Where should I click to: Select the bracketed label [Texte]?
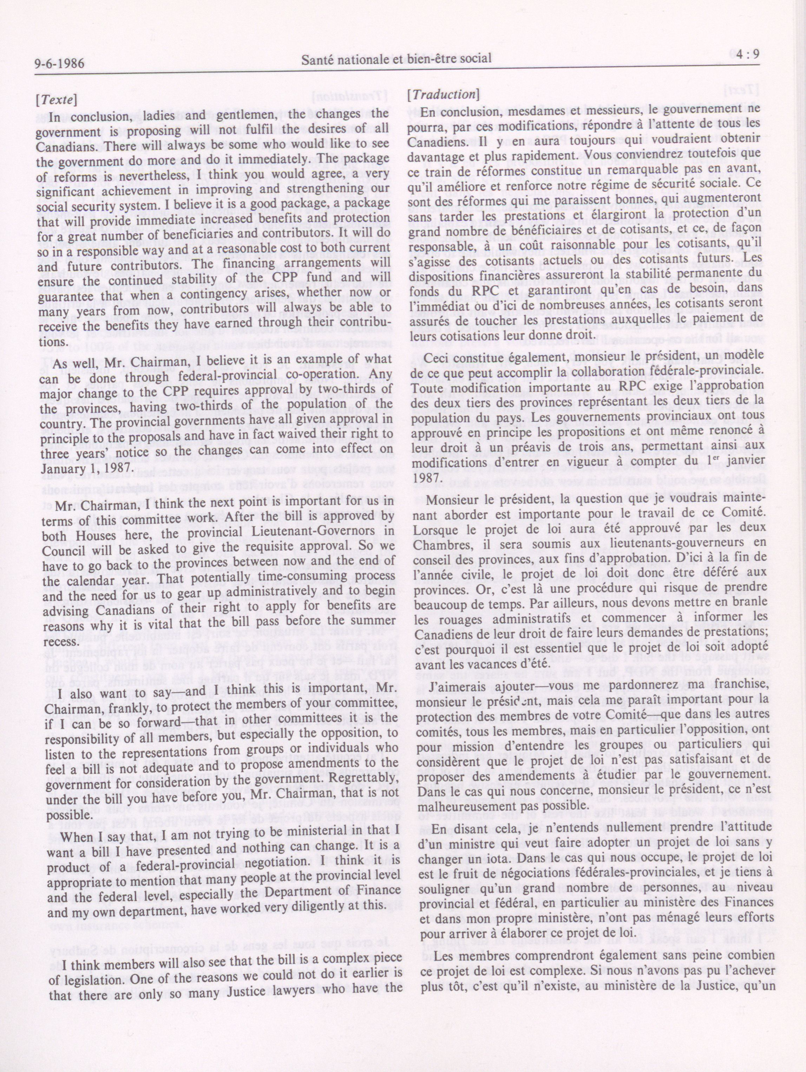(x=56, y=99)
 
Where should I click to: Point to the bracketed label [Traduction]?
(x=443, y=95)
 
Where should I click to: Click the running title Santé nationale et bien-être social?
(x=396, y=59)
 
